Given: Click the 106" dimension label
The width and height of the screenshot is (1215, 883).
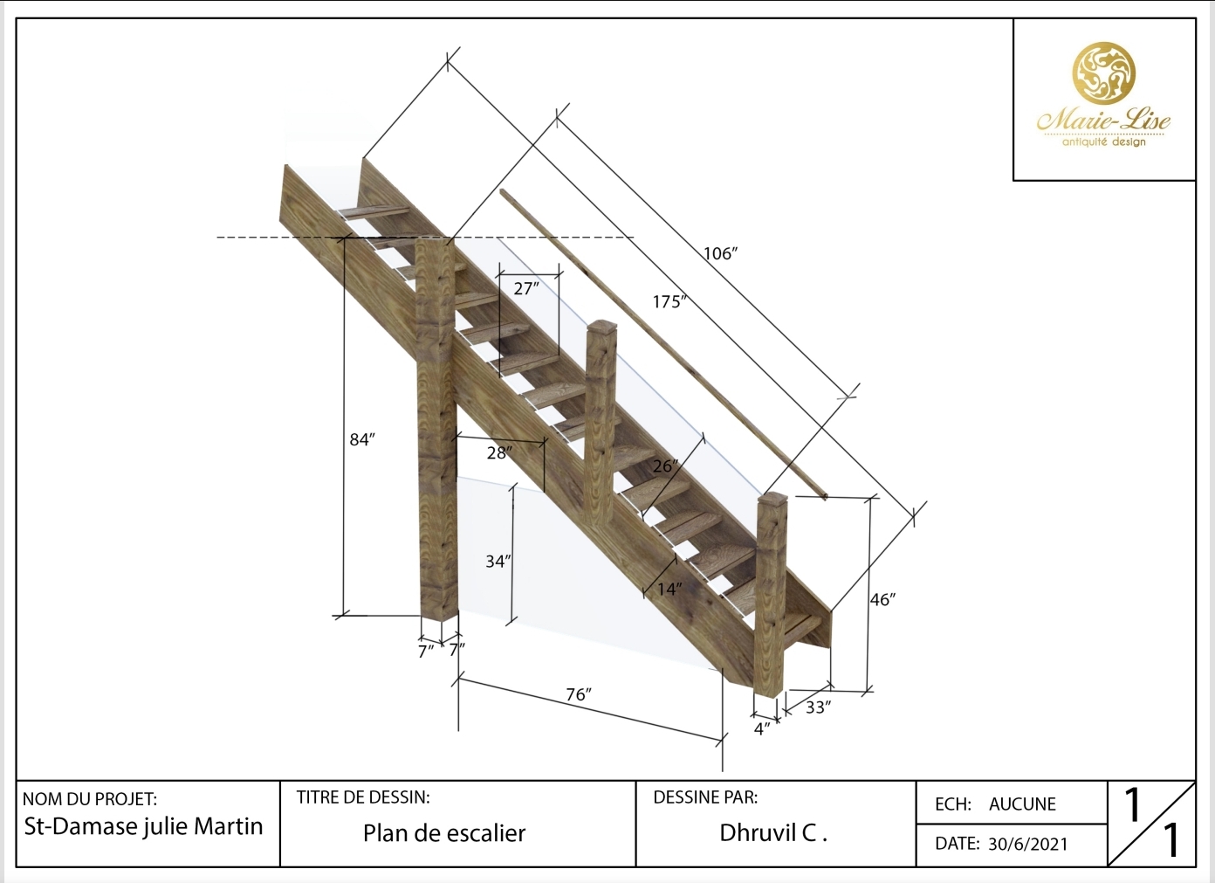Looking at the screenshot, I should tap(721, 254).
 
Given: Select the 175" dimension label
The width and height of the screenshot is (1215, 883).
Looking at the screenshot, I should tap(669, 302).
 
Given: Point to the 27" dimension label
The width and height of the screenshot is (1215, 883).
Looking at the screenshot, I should tap(526, 288).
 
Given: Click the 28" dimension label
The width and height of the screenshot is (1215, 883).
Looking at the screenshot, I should tap(499, 452).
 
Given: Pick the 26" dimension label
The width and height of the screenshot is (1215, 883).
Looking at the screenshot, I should tap(665, 466).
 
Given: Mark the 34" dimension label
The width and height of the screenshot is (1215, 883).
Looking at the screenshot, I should tap(498, 562).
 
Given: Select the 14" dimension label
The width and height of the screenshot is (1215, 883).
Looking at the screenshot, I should tap(669, 590).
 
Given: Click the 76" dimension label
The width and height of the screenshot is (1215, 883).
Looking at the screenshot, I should tap(578, 694).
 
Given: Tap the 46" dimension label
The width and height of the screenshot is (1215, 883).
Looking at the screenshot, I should tap(882, 600).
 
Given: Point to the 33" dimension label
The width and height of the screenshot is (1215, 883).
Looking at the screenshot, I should tap(818, 707).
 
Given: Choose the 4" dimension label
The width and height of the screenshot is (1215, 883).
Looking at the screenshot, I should tap(762, 728).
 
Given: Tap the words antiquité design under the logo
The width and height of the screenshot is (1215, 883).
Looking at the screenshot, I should tap(1103, 141).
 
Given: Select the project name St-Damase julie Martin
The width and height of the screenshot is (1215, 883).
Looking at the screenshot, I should tap(143, 826).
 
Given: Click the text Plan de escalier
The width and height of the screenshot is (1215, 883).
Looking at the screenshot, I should tap(444, 833).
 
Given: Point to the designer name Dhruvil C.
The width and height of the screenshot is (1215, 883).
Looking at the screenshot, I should tap(772, 833).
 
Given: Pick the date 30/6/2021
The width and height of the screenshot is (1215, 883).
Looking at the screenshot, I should tap(1027, 844).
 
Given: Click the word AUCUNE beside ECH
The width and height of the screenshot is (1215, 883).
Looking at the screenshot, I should tap(1022, 804).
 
